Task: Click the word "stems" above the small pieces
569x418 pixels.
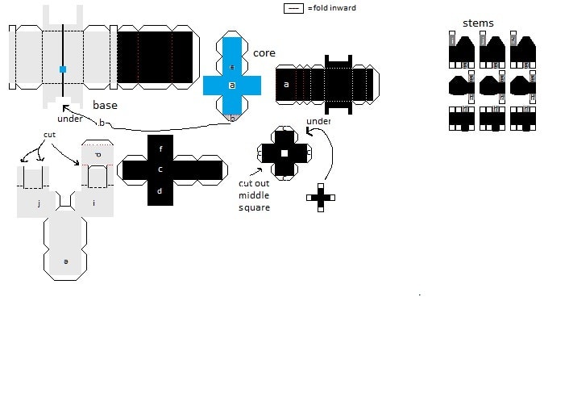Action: click(x=478, y=23)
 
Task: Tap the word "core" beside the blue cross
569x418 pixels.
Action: click(x=264, y=53)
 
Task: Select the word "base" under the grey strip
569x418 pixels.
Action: click(x=106, y=105)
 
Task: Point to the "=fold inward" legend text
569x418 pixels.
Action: click(x=331, y=8)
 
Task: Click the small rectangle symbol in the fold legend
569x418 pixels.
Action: click(x=293, y=8)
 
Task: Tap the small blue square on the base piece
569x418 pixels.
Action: click(x=63, y=69)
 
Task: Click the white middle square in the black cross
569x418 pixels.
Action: click(x=284, y=153)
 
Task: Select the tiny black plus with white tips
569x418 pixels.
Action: click(x=320, y=197)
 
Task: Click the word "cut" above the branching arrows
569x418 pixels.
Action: click(x=50, y=134)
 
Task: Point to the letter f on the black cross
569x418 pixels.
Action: click(x=160, y=149)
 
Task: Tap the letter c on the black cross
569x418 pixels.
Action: click(x=160, y=169)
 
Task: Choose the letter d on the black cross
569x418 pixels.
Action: click(x=160, y=191)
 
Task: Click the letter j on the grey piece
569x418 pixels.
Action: click(x=39, y=204)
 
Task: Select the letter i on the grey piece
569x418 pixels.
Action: click(x=94, y=203)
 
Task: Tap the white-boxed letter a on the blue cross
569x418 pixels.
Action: click(x=232, y=85)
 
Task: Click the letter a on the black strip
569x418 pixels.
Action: click(x=285, y=84)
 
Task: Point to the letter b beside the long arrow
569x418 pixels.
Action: click(x=102, y=123)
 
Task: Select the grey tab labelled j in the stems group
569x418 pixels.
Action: click(x=453, y=40)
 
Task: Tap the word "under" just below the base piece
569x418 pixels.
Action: click(x=70, y=119)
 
